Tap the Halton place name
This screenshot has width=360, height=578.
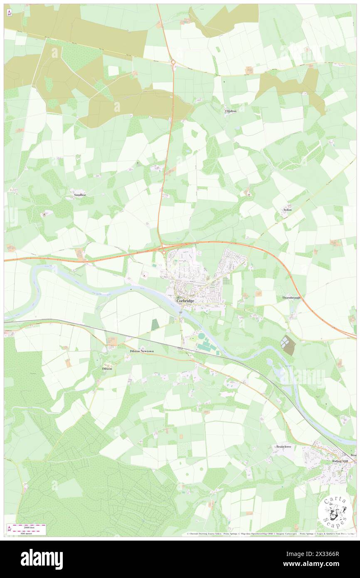point(231,111)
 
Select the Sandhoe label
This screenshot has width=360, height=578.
point(80,195)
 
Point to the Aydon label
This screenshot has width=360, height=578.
point(287,210)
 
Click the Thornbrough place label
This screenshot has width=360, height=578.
point(291,298)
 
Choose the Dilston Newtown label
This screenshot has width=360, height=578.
point(139,351)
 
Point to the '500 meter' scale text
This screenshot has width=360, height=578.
point(28,533)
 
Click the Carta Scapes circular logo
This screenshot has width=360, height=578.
point(335,512)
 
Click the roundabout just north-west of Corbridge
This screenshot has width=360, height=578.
point(164,252)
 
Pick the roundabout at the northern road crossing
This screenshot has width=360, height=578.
point(173,62)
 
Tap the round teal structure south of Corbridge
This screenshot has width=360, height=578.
point(201,335)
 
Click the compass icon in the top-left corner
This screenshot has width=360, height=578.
point(9,13)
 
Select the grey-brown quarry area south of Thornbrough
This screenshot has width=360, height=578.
point(287,345)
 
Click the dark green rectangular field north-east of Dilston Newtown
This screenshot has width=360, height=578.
point(155,325)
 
